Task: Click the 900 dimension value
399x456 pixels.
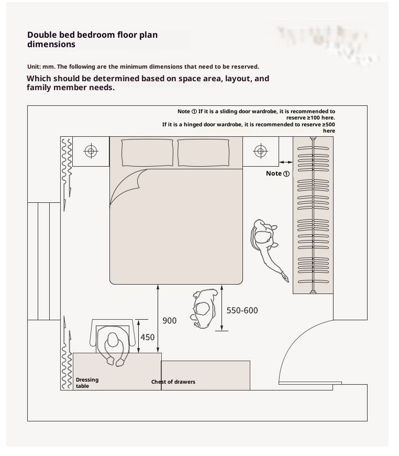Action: coord(170,320)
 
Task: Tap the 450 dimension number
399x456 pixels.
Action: coord(148,338)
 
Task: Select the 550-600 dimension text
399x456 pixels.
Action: coord(242,310)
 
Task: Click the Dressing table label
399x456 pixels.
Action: coord(87,383)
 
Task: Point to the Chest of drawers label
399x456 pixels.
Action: coord(173,382)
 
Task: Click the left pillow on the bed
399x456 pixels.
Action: coord(147,153)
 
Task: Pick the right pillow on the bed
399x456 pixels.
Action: coord(203,153)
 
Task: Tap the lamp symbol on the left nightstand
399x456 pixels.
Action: coord(91,151)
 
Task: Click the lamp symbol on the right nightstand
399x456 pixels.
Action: coord(260,151)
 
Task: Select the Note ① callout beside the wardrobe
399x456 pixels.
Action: coord(278,173)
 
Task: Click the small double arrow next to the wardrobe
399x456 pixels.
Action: coord(286,162)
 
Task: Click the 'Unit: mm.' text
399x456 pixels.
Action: coord(41,67)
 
